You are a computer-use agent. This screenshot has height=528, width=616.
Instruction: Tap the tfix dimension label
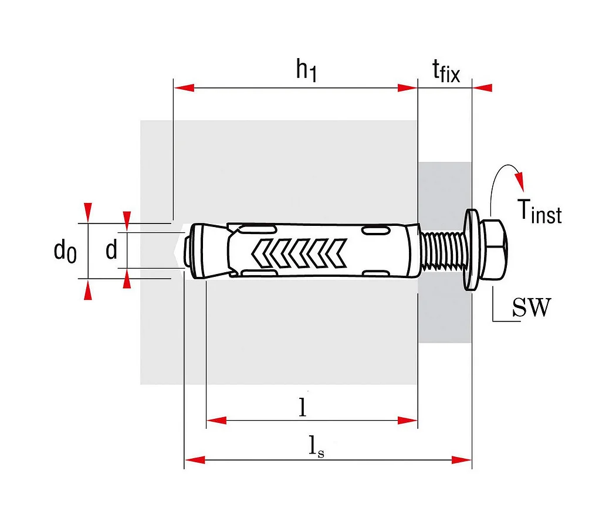[x=446, y=72]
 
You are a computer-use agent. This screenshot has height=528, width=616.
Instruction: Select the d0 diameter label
[x=65, y=251]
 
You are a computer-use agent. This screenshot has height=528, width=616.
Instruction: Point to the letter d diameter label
[x=111, y=251]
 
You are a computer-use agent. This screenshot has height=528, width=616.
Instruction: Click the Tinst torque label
[x=539, y=211]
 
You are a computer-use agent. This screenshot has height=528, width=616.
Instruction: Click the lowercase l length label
[x=303, y=407]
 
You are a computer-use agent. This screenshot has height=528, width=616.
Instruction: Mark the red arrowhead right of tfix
[x=483, y=88]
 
